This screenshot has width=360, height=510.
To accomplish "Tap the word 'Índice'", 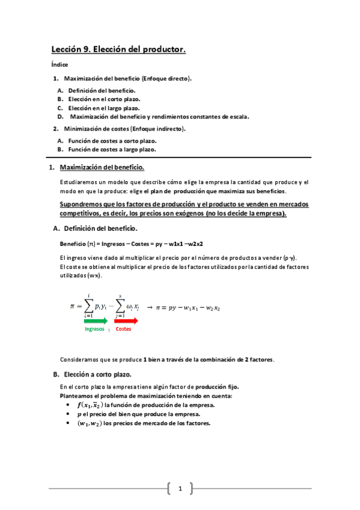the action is coord(59,64).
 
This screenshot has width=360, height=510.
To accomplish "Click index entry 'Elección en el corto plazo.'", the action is coord(105,99).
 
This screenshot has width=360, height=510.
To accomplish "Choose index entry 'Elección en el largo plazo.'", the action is coord(105,108).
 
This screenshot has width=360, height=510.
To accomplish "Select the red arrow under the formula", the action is coord(126,322).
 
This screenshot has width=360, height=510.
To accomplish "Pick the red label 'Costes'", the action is coord(123,330).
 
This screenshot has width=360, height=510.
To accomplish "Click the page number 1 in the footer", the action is coord(180,488).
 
